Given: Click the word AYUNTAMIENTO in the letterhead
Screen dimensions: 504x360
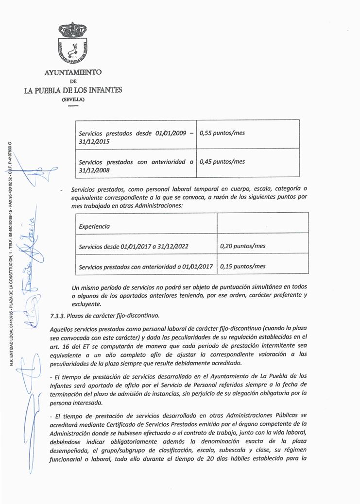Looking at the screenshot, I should (x=73, y=72).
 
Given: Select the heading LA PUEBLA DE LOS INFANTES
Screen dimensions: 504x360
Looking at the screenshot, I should (x=73, y=90).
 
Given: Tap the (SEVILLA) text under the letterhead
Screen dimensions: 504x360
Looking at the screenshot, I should (x=73, y=100).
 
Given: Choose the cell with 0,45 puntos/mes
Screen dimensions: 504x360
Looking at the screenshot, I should (x=222, y=162).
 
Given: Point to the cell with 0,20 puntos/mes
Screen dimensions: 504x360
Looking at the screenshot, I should (x=243, y=246).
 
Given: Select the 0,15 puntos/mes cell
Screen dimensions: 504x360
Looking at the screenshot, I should (x=243, y=266).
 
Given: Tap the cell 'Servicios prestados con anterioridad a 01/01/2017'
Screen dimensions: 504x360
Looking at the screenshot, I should (x=146, y=267).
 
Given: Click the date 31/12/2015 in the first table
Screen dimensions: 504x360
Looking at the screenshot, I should (x=94, y=142).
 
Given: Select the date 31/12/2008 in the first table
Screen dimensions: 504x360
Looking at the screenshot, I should (x=94, y=170).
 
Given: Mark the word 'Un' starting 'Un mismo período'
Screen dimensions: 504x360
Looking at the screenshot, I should (x=75, y=287).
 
